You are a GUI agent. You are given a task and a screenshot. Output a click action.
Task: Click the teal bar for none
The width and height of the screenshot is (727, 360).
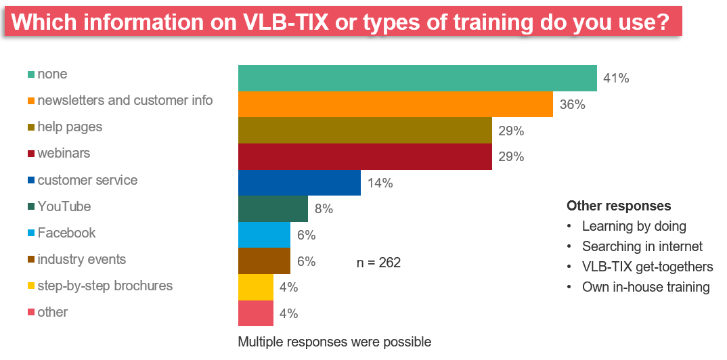point(417,78)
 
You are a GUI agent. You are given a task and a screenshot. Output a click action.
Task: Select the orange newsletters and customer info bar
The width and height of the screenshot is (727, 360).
point(395,104)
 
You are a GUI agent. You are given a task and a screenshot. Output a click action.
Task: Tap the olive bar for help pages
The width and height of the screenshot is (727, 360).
point(365,130)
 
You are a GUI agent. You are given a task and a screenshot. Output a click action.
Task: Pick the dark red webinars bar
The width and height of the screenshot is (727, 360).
point(365,156)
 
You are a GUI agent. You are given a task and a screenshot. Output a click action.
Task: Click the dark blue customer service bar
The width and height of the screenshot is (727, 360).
point(299,183)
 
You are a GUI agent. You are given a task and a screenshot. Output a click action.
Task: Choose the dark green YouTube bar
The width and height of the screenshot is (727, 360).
point(273,208)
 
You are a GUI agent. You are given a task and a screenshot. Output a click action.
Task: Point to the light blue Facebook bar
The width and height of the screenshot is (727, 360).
point(264,235)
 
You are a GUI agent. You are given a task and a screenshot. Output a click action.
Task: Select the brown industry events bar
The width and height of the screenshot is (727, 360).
point(264,261)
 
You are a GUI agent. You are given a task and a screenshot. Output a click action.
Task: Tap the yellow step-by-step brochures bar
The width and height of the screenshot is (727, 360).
point(255,287)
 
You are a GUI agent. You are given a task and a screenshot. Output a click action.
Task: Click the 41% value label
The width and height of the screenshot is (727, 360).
point(615,78)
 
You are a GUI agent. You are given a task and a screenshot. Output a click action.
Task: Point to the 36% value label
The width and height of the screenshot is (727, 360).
point(572,105)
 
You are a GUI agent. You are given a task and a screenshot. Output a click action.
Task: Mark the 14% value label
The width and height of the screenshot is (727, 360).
point(380,183)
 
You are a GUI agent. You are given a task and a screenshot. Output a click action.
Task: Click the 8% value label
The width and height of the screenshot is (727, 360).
point(323,209)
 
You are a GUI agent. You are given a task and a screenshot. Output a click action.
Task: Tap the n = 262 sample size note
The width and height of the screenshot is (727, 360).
point(378,263)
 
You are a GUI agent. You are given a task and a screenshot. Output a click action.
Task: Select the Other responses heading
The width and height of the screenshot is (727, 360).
point(619,206)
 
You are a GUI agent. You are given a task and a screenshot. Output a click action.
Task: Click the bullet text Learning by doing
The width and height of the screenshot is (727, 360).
point(634,226)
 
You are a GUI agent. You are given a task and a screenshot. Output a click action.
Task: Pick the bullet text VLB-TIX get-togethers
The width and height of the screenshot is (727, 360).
point(647,267)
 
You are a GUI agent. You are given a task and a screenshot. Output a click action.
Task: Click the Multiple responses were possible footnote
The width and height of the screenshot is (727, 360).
point(334,342)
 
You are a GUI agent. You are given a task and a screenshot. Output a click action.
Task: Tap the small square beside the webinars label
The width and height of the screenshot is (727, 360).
point(31,154)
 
